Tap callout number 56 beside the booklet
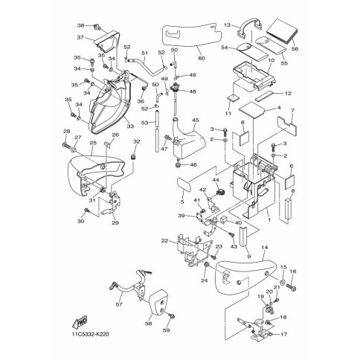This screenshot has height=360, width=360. tap(295, 49)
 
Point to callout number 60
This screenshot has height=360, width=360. tap(202, 58)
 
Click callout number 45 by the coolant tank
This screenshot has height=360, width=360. tap(196, 120)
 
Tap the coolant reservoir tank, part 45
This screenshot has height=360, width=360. tap(188, 140)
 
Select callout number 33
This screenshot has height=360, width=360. tap(130, 126)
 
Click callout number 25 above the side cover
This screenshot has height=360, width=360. tap(93, 143)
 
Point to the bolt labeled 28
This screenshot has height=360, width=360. tap(66, 144)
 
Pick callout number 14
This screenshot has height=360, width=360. tap(265, 247)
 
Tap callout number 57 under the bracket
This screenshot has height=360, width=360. tap(119, 304)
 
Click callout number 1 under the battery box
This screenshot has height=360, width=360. tap(269, 219)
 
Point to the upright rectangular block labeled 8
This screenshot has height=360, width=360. tap(289, 208)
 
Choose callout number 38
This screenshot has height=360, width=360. tap(80, 25)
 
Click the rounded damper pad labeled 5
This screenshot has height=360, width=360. tap(184, 184)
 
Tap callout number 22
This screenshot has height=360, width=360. tap(164, 240)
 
